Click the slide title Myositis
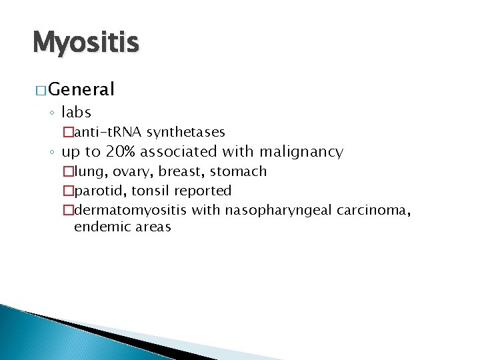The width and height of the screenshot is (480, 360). [x=85, y=43]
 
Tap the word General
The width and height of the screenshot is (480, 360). [x=82, y=89]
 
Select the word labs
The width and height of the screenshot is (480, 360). [x=76, y=112]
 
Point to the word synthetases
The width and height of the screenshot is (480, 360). [x=186, y=132]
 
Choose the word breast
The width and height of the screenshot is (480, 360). [x=180, y=171]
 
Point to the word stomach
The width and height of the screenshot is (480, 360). [x=238, y=171]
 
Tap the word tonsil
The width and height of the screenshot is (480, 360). [x=151, y=191]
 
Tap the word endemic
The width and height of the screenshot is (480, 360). [x=99, y=227]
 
